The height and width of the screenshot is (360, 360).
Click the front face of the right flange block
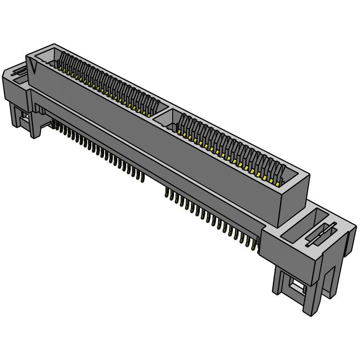point(294,257)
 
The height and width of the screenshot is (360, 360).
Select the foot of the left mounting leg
point(35,134)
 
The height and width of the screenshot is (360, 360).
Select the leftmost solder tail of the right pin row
point(166,196)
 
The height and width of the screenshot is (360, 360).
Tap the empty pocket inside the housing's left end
point(46,57)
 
